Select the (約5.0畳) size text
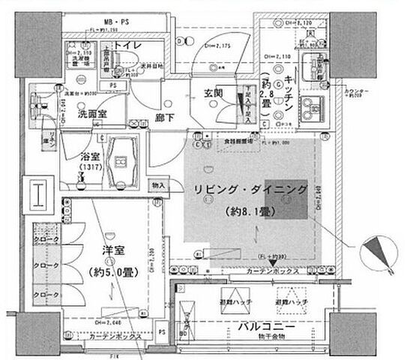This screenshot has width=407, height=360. pyautogui.click(x=113, y=271)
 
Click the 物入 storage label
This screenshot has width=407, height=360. pyautogui.click(x=158, y=184)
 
